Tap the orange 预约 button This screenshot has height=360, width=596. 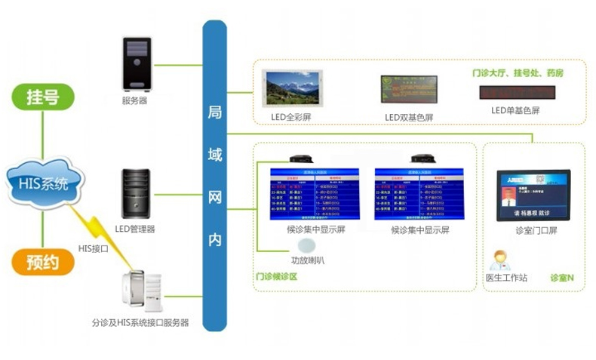(44, 262)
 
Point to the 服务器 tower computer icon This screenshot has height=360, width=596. (138, 64)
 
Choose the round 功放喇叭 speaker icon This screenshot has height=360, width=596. (307, 245)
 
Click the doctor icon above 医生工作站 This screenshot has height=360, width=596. (499, 260)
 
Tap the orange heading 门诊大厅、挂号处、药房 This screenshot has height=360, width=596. (517, 73)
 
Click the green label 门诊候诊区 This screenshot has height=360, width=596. (277, 277)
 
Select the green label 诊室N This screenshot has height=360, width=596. (562, 278)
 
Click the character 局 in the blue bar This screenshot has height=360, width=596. (215, 112)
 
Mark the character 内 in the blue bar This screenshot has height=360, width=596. (215, 239)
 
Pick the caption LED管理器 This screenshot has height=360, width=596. (134, 229)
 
